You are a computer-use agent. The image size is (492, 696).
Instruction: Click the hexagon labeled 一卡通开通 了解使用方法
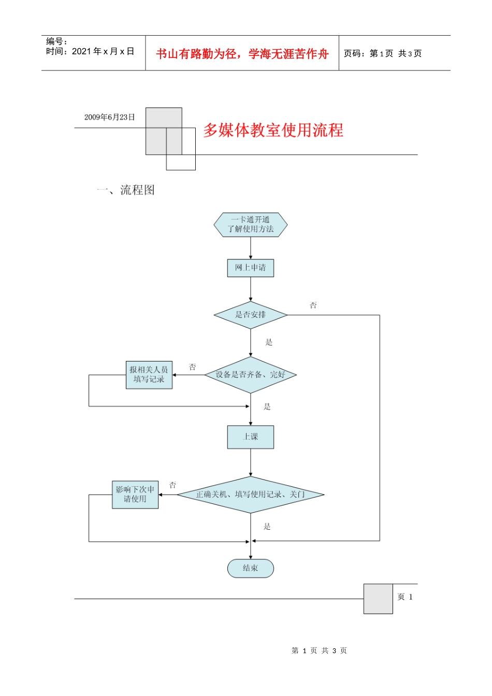click(250, 225)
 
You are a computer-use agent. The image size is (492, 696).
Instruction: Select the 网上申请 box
click(250, 268)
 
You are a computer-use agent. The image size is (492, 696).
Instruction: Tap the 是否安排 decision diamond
click(250, 315)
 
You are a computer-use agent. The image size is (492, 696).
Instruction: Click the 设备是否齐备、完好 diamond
click(250, 374)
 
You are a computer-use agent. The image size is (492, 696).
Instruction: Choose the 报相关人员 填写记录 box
click(149, 375)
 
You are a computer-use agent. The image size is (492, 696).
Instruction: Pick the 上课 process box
click(250, 437)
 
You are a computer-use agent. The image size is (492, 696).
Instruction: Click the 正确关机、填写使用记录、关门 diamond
click(250, 495)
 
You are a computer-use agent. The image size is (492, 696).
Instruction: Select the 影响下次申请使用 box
click(135, 495)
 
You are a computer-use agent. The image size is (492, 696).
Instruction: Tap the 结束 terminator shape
click(250, 568)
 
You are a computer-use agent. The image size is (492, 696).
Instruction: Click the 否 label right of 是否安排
click(313, 306)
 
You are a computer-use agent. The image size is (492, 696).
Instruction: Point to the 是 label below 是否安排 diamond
click(269, 342)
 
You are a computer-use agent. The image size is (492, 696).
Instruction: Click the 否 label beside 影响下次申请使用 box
click(172, 485)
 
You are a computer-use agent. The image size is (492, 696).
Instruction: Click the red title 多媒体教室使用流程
click(273, 130)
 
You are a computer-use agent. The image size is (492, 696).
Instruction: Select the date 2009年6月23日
click(109, 118)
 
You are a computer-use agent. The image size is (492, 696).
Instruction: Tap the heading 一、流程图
click(126, 190)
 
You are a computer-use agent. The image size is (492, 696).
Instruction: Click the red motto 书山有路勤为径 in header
click(242, 54)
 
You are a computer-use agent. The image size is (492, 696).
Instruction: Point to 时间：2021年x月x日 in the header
click(90, 51)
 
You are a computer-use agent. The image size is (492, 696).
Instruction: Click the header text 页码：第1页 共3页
click(383, 53)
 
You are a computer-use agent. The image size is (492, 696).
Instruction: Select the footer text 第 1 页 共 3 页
click(319, 650)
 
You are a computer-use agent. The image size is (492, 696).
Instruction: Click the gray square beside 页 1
click(378, 599)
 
